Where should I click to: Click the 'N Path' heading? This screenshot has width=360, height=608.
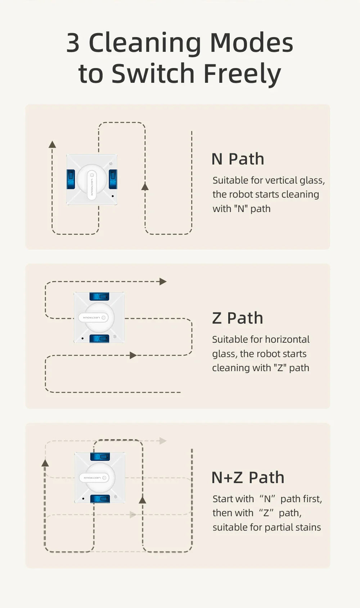[238, 159]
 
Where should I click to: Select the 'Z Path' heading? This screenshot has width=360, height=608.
[238, 318]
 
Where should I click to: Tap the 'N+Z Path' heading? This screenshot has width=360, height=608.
[248, 477]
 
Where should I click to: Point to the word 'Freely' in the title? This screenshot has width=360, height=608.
[242, 73]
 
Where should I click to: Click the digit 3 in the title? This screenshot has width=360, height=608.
[73, 42]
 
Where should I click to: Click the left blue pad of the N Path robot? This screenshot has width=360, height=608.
[71, 179]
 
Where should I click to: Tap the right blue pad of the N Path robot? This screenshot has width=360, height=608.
[113, 179]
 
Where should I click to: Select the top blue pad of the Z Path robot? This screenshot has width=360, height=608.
[99, 296]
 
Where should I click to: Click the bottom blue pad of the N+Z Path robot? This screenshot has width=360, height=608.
[100, 499]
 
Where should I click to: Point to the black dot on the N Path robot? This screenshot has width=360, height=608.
[113, 196]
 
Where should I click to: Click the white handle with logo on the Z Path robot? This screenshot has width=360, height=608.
[93, 317]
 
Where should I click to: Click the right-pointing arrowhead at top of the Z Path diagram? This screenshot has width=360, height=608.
[163, 282]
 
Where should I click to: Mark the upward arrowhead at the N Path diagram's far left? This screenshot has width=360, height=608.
[52, 144]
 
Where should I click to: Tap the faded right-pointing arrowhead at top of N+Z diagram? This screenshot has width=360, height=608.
[163, 441]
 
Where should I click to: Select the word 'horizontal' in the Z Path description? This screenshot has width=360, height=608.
[287, 339]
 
